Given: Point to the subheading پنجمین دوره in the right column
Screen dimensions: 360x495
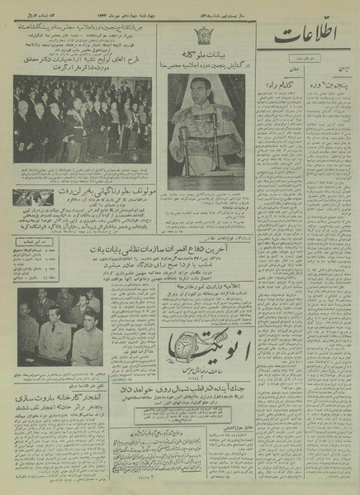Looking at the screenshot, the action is click(x=330, y=84).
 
